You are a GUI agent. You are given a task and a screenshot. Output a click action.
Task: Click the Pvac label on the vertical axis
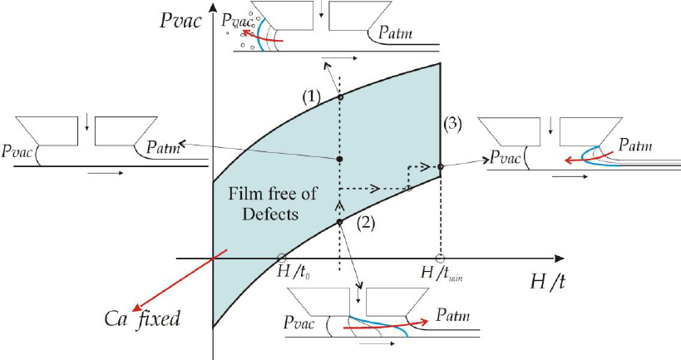[x=180, y=21]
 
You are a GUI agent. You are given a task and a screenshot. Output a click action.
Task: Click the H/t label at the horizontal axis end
[x=548, y=282]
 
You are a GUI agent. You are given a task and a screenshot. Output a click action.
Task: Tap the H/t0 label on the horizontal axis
[x=294, y=274]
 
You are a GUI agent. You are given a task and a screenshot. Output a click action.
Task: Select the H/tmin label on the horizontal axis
[x=442, y=274]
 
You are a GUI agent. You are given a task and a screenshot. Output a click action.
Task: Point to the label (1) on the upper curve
[x=312, y=97]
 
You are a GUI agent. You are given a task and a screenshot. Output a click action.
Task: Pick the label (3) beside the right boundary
[x=453, y=125]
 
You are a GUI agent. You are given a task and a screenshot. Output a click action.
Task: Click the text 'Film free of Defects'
[x=272, y=203]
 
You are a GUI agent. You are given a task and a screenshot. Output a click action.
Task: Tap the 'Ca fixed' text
[x=142, y=318]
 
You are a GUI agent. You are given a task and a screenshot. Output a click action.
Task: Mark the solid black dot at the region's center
[x=339, y=160]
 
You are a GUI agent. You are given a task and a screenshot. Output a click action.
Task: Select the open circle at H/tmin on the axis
[x=440, y=259]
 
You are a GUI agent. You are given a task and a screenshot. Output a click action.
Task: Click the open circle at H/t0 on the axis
[x=281, y=258]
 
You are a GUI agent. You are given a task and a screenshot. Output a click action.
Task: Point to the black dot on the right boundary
[x=440, y=166]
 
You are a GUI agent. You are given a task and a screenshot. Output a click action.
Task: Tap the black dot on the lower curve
[x=339, y=222]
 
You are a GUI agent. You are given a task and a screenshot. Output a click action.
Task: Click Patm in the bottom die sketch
[x=453, y=315]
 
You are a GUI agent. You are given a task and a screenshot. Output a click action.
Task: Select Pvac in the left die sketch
[x=17, y=150]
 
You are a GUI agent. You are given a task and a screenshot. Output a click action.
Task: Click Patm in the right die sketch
[x=635, y=144]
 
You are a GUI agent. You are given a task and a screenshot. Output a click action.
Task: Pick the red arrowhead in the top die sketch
[x=247, y=33]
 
